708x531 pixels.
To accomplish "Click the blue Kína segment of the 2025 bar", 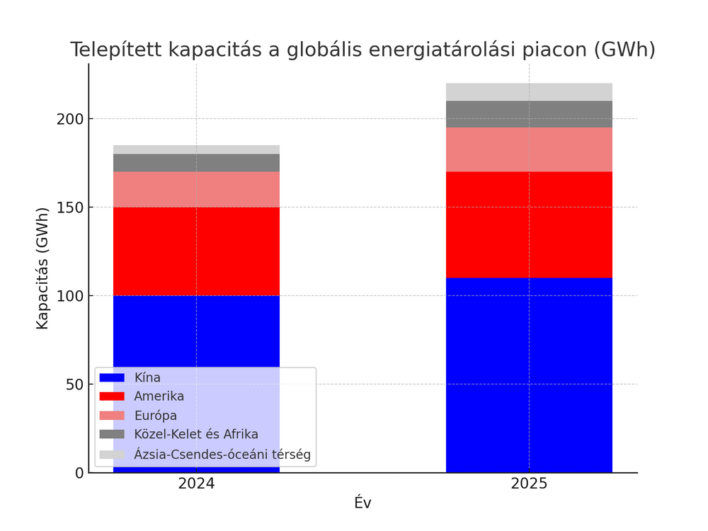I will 529,375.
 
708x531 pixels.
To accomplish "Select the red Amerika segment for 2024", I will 196,251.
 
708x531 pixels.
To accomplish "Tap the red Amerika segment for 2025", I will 529,224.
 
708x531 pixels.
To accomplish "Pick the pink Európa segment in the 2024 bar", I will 196,189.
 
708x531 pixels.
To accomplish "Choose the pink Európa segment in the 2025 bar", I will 529,149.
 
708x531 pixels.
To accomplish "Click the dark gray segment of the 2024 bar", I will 196,163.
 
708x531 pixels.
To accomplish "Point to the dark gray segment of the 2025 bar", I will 529,114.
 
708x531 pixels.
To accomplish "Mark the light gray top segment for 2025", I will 529,92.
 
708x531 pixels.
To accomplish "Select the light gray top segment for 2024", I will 196,149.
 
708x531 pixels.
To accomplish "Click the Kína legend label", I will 147,377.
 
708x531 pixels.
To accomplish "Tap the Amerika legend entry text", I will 159,396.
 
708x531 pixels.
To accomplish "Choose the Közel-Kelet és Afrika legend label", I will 196,434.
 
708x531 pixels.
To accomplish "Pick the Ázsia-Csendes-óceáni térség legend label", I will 222,454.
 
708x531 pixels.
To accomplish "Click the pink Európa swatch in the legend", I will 112,416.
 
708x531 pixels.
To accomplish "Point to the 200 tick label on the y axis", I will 71,119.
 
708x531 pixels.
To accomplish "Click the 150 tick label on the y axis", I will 71,207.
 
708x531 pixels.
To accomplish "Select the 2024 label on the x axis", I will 196,484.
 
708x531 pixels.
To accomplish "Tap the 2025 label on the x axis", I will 529,484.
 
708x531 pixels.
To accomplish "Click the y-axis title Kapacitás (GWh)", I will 42,268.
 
